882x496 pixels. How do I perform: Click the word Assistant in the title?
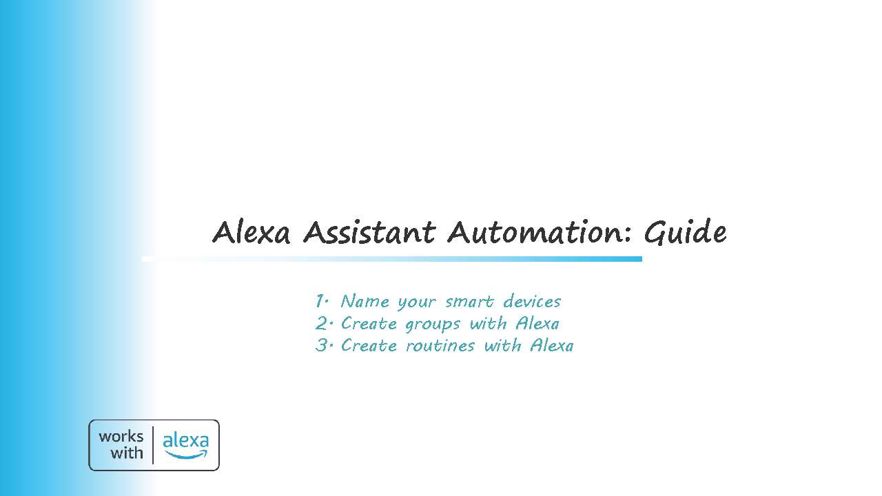click(369, 232)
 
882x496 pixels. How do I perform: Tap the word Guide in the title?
click(685, 232)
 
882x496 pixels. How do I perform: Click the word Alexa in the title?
click(252, 232)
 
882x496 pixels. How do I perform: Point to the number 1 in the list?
click(320, 301)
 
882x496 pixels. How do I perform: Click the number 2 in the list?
click(322, 324)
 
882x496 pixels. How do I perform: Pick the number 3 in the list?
click(322, 345)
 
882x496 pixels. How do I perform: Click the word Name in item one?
click(365, 302)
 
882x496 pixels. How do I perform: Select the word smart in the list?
click(469, 302)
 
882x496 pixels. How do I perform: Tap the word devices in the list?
click(532, 302)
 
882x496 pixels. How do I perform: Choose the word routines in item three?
click(440, 346)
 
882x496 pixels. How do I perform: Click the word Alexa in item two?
click(537, 324)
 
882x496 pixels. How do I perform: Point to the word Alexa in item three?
click(552, 346)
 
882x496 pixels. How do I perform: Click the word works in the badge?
click(121, 437)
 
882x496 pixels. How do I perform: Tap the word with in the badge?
click(126, 453)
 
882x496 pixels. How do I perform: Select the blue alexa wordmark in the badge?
click(186, 440)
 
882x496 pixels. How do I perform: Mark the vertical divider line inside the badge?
click(153, 445)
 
